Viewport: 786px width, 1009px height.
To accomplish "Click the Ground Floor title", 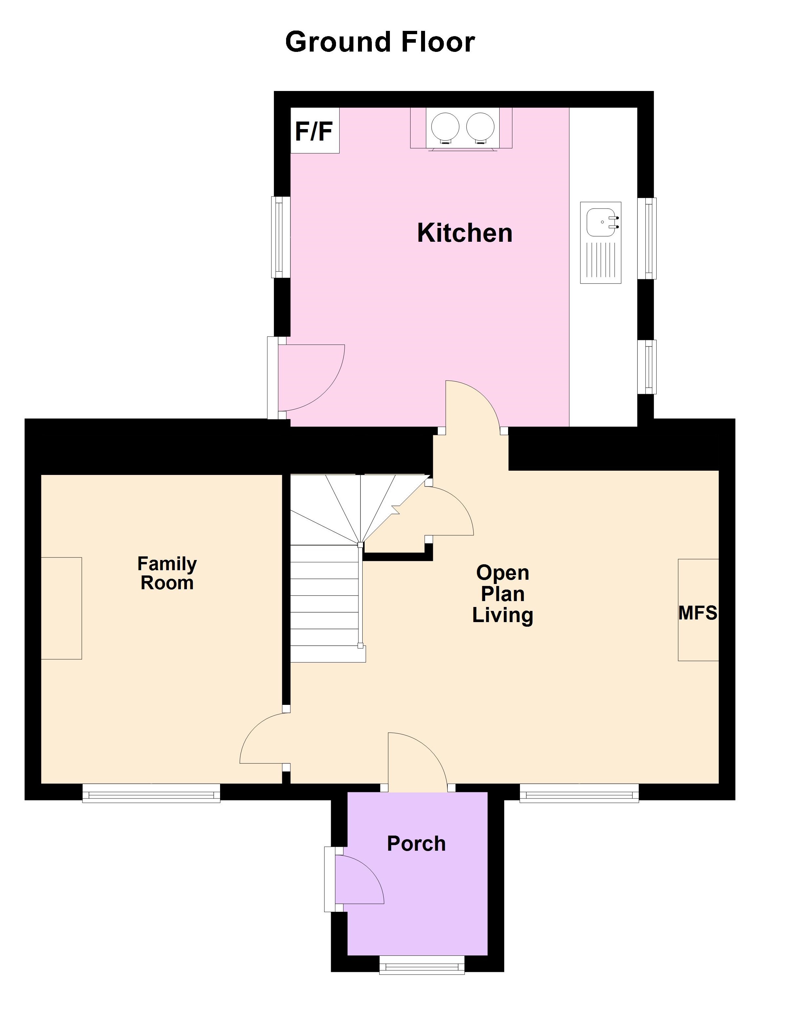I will [380, 42].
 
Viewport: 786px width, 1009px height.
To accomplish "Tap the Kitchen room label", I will [464, 233].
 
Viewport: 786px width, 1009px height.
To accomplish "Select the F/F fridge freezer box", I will [315, 131].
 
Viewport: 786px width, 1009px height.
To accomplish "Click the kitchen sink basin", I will [602, 222].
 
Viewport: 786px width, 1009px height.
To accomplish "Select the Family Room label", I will [167, 573].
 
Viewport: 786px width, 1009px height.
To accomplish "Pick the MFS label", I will [697, 613].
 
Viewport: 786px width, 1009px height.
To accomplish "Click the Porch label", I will [416, 843].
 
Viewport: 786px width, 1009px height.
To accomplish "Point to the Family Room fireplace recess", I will [61, 608].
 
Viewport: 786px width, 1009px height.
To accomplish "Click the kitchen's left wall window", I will [279, 237].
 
